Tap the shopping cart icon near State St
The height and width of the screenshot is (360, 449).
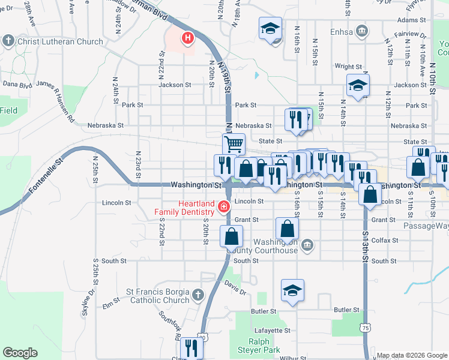click(x=233, y=144)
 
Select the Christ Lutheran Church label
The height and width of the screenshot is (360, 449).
click(x=61, y=42)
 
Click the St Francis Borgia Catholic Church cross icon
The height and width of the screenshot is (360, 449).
click(x=199, y=295)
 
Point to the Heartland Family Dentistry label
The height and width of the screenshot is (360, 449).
click(x=184, y=208)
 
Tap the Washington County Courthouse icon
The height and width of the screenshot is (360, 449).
click(x=307, y=244)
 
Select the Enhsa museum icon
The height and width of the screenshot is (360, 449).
click(x=362, y=31)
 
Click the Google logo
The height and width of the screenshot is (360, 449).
click(x=20, y=353)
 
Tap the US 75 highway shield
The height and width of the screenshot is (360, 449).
click(x=365, y=328)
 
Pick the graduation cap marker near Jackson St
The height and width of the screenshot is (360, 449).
click(x=358, y=86)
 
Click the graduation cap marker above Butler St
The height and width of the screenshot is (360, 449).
click(x=292, y=291)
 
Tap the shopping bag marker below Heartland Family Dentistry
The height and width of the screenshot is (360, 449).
click(x=232, y=236)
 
